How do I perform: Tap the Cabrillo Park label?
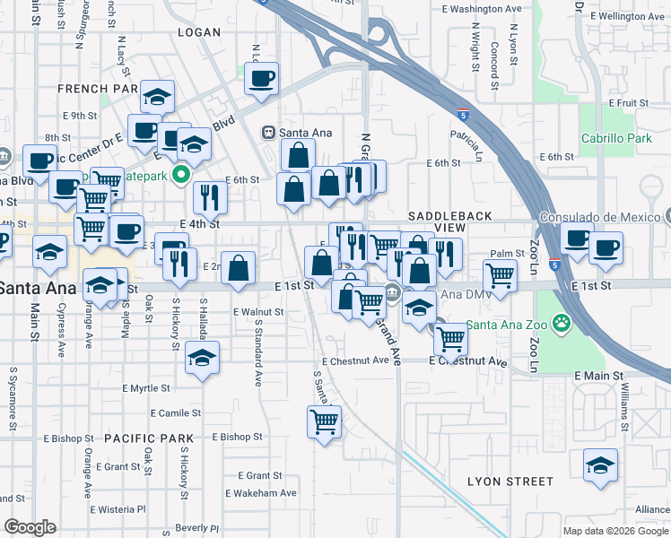coord(615,139)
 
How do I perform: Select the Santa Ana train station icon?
coord(267,133)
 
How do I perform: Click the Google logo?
coord(30,527)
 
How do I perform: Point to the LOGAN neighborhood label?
coord(199,32)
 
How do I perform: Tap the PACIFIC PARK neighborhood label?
coord(148,438)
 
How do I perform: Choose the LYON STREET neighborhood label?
coord(510,482)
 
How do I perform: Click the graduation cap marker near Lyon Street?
coord(600,466)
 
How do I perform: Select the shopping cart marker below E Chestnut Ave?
coord(324,421)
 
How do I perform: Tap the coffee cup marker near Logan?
coord(261,79)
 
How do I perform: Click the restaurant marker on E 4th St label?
coord(210,197)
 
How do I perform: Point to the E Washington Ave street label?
coord(483,9)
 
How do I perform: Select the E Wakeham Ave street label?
coord(260,493)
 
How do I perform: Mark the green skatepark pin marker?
coord(181,174)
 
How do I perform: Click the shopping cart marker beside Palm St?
coord(500,275)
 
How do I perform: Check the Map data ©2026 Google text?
coord(614,531)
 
